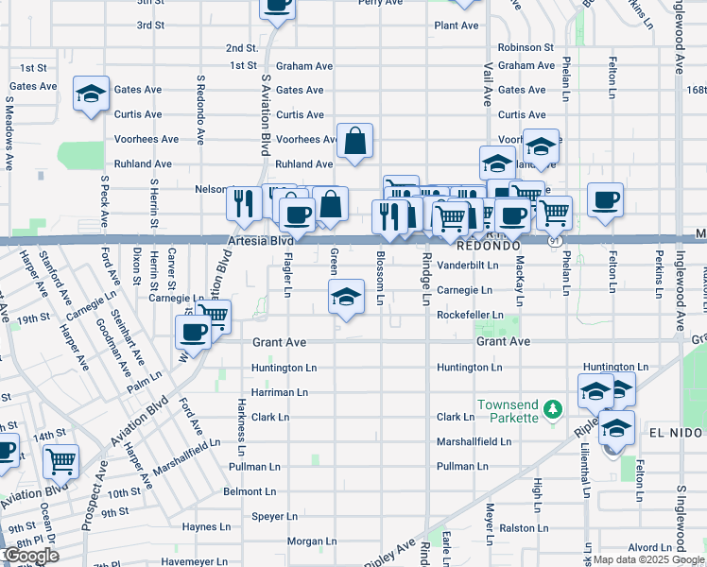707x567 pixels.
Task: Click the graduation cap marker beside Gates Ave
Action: (x=92, y=94)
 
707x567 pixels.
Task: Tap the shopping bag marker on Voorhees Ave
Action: (x=353, y=142)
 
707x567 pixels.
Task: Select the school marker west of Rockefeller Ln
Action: (x=347, y=297)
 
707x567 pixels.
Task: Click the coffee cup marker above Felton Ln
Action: (x=605, y=199)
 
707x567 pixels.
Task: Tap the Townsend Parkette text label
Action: (x=508, y=410)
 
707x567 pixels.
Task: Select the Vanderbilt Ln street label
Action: (x=467, y=266)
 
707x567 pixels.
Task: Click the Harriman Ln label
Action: (x=280, y=391)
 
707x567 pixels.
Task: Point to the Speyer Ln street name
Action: (x=274, y=516)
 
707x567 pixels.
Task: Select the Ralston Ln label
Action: (x=524, y=528)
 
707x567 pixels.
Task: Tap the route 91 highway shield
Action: (x=551, y=242)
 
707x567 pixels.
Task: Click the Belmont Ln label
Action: (x=249, y=491)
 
